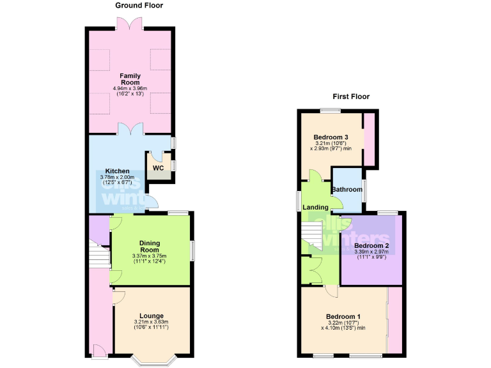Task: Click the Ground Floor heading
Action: (139, 6)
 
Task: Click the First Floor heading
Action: (350, 97)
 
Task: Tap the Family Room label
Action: (130, 80)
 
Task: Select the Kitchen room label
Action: (118, 171)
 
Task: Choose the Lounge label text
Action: (152, 316)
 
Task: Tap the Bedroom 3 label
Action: (331, 138)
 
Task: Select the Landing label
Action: (316, 207)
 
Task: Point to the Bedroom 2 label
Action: (371, 246)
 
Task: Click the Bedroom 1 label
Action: (343, 317)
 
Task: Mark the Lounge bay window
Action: (152, 360)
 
